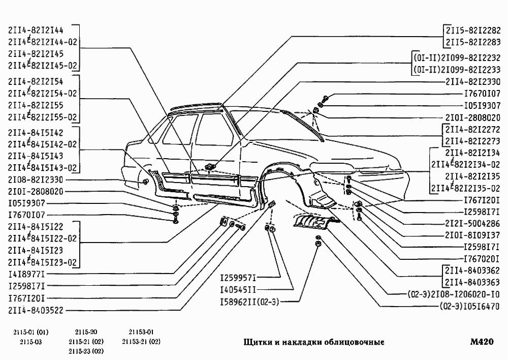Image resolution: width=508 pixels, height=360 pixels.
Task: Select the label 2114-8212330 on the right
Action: [x=473, y=81]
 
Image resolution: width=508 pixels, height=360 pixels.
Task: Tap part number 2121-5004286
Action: [x=472, y=223]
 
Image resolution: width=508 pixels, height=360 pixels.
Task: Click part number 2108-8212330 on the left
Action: [x=36, y=180]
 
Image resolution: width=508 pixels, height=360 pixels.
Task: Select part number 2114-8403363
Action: [x=473, y=282]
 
